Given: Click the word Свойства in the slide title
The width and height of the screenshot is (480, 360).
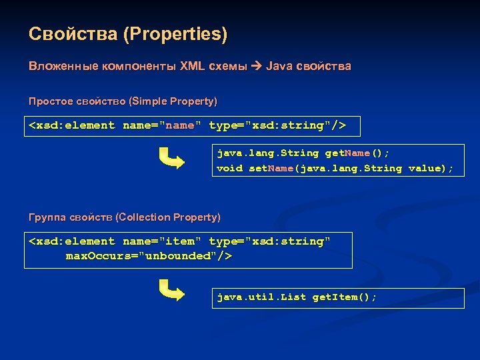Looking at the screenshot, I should [73, 33].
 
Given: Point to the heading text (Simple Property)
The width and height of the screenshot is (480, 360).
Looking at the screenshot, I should [174, 101].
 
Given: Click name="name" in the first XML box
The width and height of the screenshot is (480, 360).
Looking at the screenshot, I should [162, 125].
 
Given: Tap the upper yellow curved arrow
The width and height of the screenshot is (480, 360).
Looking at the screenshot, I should [171, 159].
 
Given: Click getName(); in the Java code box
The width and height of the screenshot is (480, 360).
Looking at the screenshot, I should [361, 153].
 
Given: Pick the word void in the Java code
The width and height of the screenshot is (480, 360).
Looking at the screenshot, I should [229, 169].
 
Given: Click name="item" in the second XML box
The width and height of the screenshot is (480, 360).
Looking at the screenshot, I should [162, 241].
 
